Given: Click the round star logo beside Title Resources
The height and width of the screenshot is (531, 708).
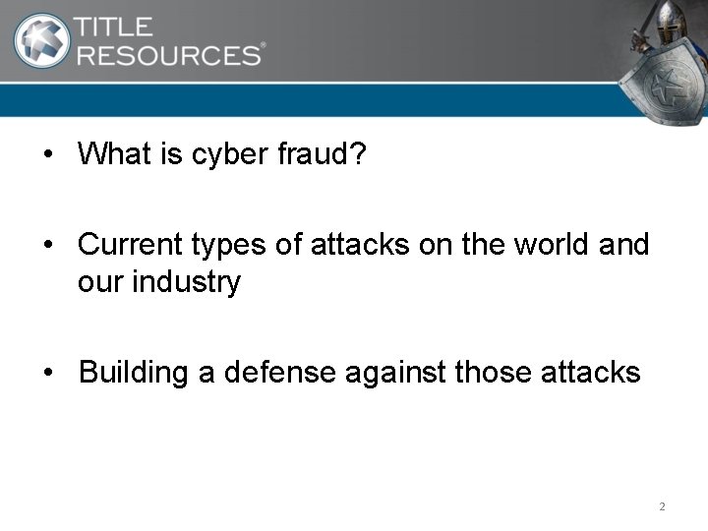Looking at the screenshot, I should pos(41,40).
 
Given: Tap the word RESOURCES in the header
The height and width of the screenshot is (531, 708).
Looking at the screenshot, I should pos(169,54).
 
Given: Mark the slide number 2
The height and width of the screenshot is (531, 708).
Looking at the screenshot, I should pos(662,506).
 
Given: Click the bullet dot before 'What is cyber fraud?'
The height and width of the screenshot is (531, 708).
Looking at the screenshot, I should pos(47,155).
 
